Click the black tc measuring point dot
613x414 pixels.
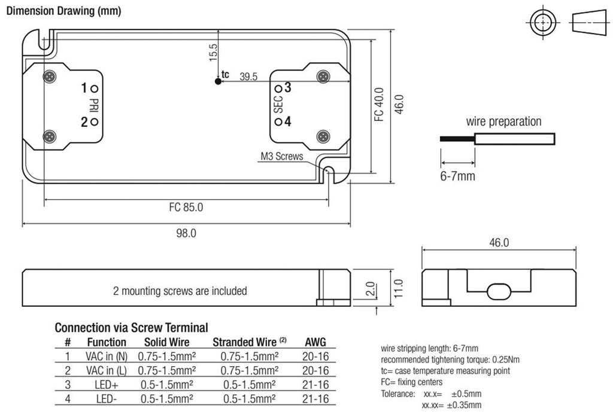(x=217, y=81)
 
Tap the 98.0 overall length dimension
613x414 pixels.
(x=186, y=233)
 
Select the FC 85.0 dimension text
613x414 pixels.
(x=186, y=208)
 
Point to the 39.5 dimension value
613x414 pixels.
(x=248, y=76)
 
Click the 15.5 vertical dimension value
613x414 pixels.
(x=214, y=53)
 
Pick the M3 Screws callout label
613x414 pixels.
(x=281, y=157)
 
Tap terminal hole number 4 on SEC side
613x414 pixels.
(x=278, y=121)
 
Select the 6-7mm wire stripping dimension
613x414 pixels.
(x=458, y=176)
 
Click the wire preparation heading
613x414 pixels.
(x=503, y=121)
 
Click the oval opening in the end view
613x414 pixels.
(x=498, y=291)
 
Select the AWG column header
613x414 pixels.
(x=316, y=342)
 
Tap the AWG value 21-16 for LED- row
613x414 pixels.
(x=316, y=398)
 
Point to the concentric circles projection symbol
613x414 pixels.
(x=542, y=25)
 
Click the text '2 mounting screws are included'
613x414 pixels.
(x=180, y=291)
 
